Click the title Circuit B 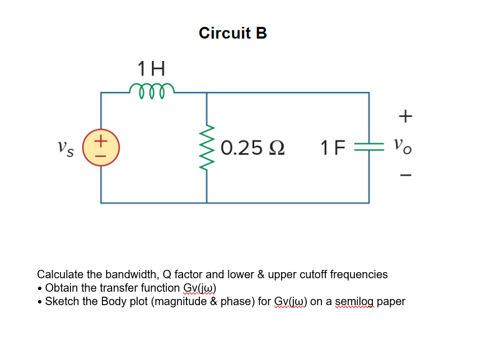(x=233, y=33)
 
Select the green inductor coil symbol (x=151, y=90)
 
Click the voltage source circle (x=101, y=147)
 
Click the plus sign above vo (x=406, y=116)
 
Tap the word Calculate (x=59, y=274)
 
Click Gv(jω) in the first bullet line (x=199, y=288)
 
